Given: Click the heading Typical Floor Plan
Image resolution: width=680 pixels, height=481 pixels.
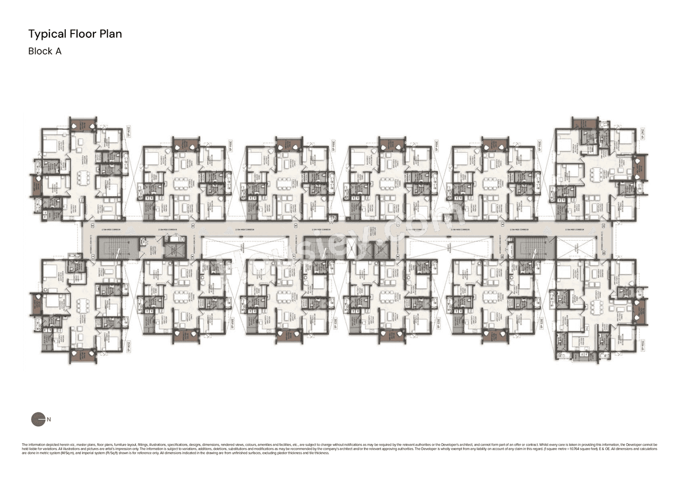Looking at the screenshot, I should pos(75,34).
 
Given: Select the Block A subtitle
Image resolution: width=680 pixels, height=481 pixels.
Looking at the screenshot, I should pos(45,52).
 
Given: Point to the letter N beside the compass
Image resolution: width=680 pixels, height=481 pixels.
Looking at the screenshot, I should pos(49,419).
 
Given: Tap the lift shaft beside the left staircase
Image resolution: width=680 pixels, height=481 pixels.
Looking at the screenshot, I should pos(174,249).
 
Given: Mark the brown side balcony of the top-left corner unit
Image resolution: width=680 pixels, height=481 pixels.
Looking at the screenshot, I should pos(36,185).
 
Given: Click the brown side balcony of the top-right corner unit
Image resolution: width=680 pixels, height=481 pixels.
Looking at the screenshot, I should pos(640,166).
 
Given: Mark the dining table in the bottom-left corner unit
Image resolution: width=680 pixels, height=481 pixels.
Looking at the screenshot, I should pos(83,305).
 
